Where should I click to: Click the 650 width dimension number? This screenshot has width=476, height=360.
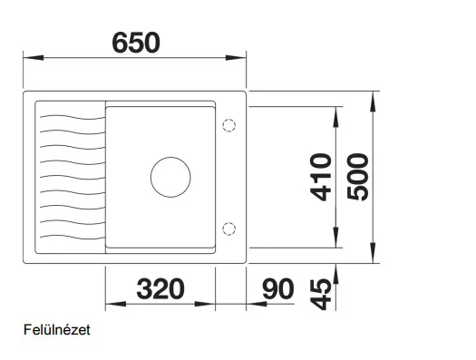pyautogui.click(x=136, y=43)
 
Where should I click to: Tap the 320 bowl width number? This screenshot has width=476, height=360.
pyautogui.click(x=160, y=288)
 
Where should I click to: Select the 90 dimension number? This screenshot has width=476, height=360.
pyautogui.click(x=278, y=288)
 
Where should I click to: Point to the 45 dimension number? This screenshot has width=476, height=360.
pyautogui.click(x=320, y=295)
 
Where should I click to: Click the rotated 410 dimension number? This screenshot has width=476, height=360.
pyautogui.click(x=320, y=178)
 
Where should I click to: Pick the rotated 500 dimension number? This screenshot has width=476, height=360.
pyautogui.click(x=357, y=178)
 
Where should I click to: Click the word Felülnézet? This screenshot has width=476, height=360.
pyautogui.click(x=57, y=330)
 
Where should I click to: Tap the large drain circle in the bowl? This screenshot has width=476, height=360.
pyautogui.click(x=170, y=157)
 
